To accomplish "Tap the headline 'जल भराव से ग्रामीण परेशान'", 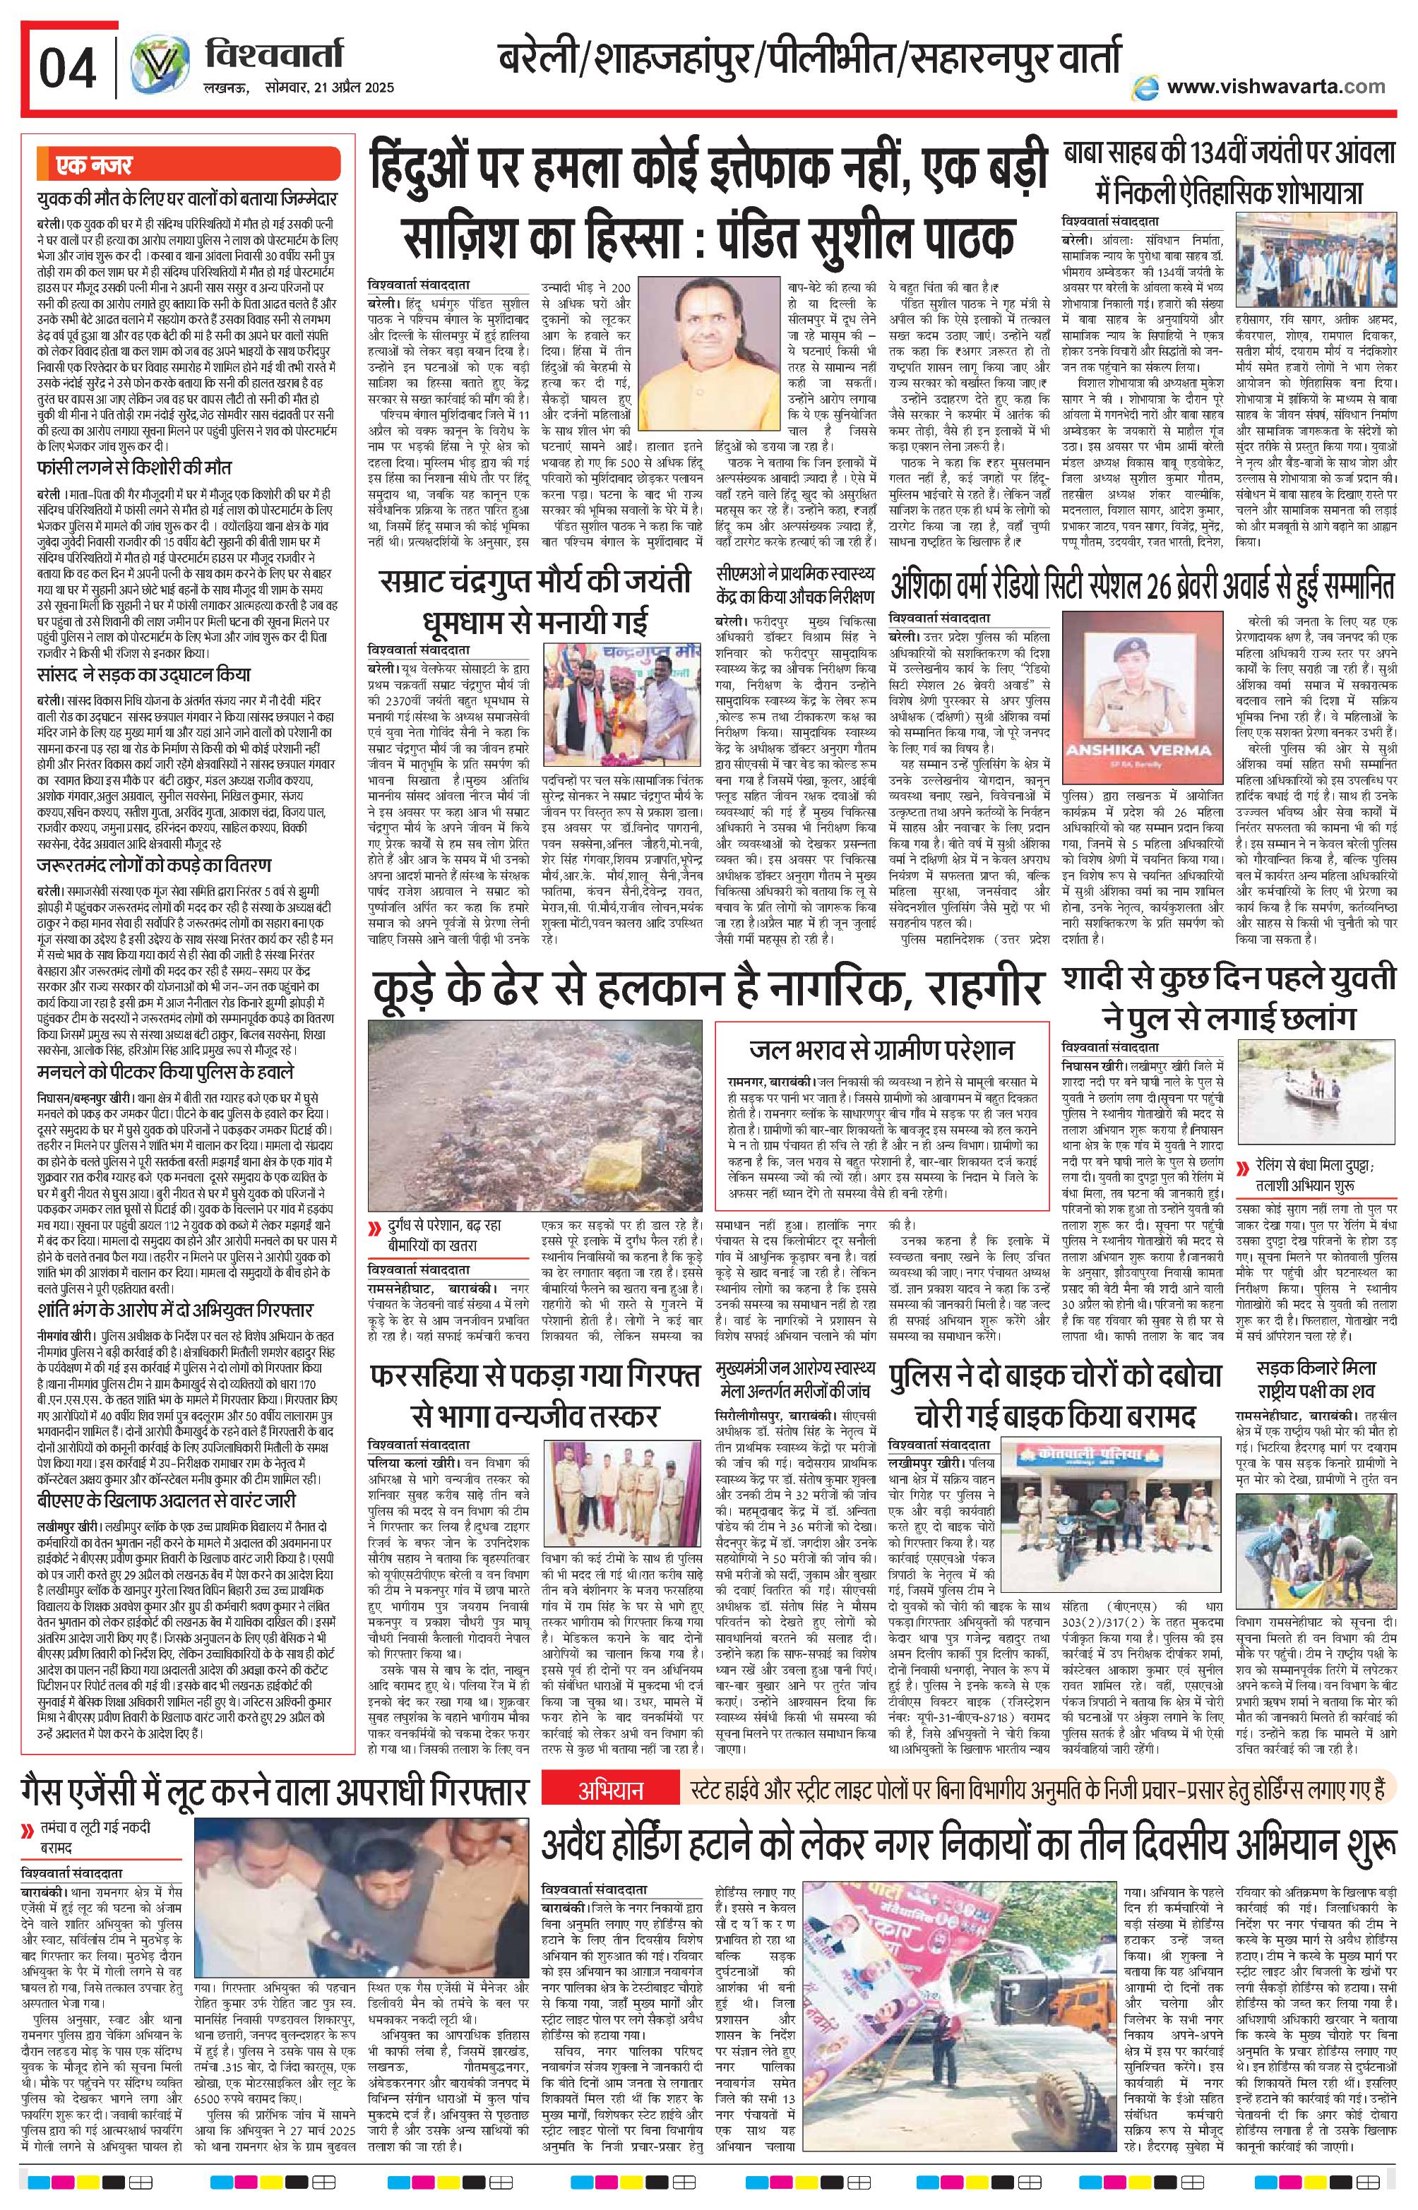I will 881,1050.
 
